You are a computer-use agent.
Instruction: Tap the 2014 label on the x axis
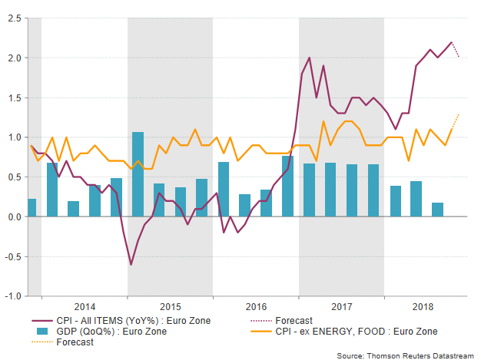pyautogui.click(x=85, y=306)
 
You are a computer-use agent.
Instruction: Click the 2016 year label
pyautogui.click(x=256, y=306)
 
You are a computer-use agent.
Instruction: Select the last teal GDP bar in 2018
pyautogui.click(x=437, y=210)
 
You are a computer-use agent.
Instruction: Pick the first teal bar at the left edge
pyautogui.click(x=32, y=207)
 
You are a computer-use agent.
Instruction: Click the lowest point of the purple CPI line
pyautogui.click(x=131, y=265)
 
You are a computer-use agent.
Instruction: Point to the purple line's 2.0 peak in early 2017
pyautogui.click(x=309, y=58)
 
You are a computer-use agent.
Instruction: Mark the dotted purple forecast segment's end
pyautogui.click(x=459, y=58)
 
